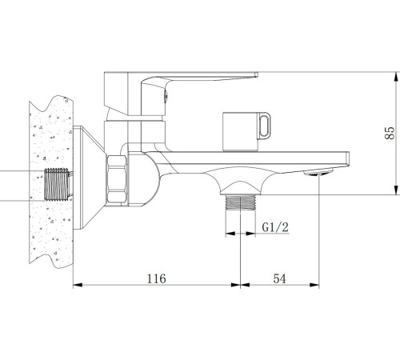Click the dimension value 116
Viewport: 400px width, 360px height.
(x=156, y=278)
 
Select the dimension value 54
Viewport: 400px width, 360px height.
(x=280, y=278)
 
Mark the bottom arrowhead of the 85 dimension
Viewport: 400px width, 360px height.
(x=396, y=189)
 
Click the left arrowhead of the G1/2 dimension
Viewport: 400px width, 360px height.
(x=227, y=235)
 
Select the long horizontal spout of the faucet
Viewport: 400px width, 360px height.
(x=264, y=160)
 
